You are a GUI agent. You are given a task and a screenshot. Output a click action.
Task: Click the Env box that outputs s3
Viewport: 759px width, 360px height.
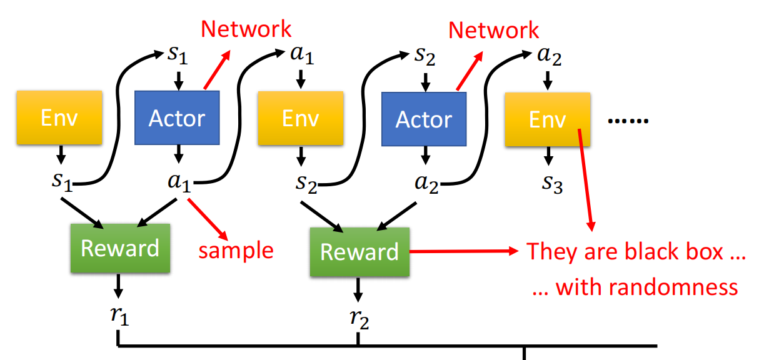[x=547, y=119]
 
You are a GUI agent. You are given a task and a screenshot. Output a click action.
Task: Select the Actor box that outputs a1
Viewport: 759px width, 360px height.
[x=177, y=118]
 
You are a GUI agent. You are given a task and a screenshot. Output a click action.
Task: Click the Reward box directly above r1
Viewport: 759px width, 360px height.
[x=119, y=248]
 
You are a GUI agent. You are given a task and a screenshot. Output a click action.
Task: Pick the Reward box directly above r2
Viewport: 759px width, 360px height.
[x=359, y=251]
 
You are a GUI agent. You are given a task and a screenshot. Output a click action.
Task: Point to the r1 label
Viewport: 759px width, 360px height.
[x=119, y=316]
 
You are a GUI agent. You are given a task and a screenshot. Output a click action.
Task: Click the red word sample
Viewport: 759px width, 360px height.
[x=236, y=250]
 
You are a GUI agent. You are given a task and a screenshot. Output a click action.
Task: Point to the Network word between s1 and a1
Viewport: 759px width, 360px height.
[x=246, y=29]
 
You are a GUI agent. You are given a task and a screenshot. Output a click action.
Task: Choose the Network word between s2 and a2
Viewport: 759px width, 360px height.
[x=494, y=30]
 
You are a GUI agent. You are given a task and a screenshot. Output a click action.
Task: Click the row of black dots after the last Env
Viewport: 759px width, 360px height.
[x=628, y=120]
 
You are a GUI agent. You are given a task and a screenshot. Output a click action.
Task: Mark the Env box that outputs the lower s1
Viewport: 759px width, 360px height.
[x=59, y=118]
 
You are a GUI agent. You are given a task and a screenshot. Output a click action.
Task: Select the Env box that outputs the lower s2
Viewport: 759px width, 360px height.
[x=300, y=118]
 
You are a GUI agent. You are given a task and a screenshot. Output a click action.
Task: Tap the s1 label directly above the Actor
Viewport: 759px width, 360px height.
[x=178, y=55]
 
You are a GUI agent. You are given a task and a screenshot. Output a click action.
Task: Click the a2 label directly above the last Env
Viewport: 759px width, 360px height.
[x=550, y=57]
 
